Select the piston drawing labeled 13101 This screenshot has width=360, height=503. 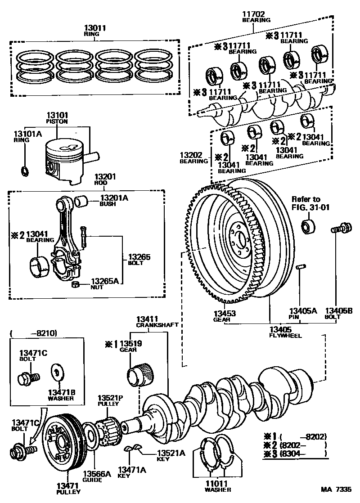click(65, 162)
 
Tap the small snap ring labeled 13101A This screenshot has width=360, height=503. click(26, 171)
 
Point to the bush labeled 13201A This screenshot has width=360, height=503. click(82, 201)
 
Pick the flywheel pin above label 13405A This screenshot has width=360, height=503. click(301, 268)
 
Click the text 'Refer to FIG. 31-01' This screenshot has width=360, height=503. click(306, 203)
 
